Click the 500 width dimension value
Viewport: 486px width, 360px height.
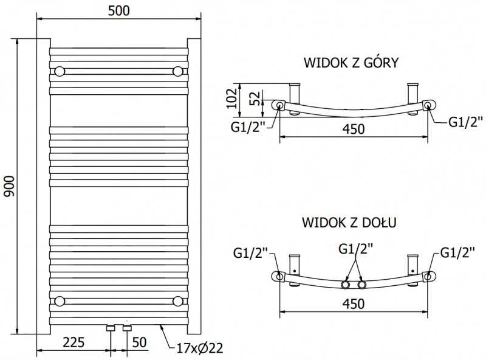coord(118,11)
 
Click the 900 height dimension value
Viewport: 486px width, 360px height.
coord(9,186)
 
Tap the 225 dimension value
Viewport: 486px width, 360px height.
coord(74,342)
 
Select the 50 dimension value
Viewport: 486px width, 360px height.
coord(139,342)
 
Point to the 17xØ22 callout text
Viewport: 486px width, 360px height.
coord(200,348)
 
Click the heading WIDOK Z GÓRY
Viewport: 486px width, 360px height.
coord(351,63)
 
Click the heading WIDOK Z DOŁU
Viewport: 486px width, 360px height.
coord(349,223)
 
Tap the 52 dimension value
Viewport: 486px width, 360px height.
coord(255,99)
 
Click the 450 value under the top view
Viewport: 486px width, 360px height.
coord(354,129)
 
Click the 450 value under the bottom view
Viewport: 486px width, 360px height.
coord(354,303)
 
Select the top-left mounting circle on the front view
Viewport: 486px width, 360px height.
coord(60,71)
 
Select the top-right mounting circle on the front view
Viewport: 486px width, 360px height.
coord(178,71)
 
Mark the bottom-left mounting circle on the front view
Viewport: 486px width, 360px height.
coord(60,301)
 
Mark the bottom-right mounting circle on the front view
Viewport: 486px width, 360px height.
coord(178,301)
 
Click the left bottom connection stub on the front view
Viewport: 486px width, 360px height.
coord(111,328)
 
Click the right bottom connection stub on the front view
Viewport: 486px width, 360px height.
coord(127,328)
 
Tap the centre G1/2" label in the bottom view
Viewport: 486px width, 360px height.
coord(355,249)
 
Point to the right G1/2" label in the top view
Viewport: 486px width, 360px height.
coord(465,122)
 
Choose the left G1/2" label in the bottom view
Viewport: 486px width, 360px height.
coord(250,253)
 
